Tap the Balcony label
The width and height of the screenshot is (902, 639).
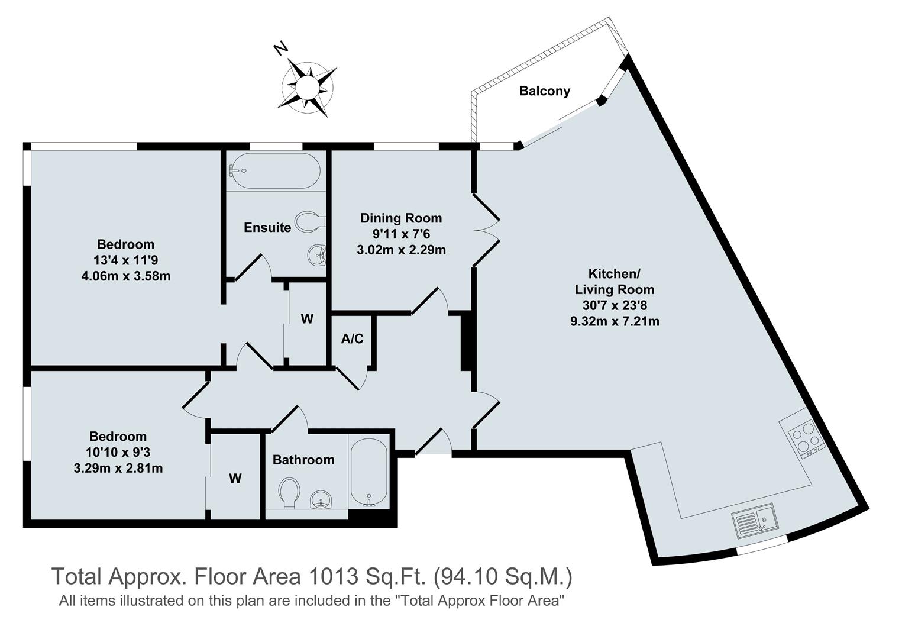tap(544, 91)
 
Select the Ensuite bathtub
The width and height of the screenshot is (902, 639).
tap(275, 171)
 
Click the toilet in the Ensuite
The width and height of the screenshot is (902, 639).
tap(310, 222)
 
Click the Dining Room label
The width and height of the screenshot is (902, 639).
tap(401, 218)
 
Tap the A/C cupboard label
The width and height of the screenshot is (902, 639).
tap(352, 339)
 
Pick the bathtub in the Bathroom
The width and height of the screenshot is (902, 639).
tap(368, 473)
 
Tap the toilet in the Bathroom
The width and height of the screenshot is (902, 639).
tap(289, 492)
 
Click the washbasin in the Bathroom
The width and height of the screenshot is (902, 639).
tap(321, 501)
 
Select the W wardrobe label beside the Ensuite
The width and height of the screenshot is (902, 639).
tap(307, 319)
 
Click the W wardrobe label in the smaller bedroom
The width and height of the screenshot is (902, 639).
tap(235, 479)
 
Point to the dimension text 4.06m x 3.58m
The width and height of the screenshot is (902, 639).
tap(126, 276)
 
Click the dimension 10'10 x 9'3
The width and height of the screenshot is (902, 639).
tap(118, 453)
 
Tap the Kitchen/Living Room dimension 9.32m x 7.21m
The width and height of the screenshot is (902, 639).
tap(614, 322)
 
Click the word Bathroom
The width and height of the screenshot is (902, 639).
tap(303, 460)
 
